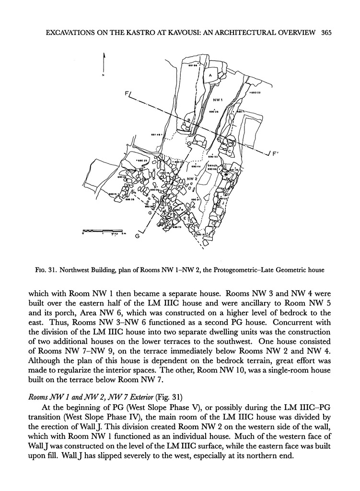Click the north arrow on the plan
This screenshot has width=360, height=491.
104,63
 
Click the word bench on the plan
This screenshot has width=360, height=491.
212,165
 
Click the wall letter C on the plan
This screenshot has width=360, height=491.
230,151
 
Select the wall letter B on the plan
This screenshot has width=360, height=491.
188,120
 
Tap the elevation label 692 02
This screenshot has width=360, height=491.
255,92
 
